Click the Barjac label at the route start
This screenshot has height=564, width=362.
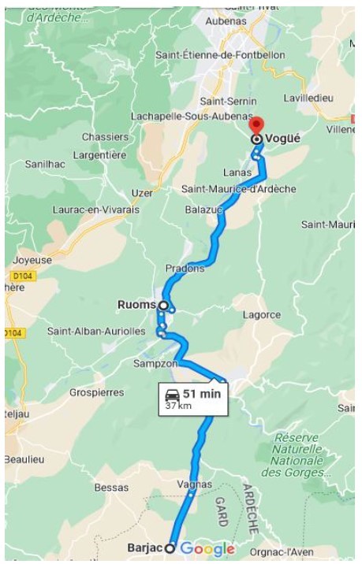coord(144,547)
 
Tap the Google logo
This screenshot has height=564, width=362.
coord(207,549)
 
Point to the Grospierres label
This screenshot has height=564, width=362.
coord(96,391)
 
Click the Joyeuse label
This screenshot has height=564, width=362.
coord(30,260)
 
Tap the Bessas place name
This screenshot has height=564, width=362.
coord(110,488)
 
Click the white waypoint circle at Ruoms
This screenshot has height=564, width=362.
coord(163,305)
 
